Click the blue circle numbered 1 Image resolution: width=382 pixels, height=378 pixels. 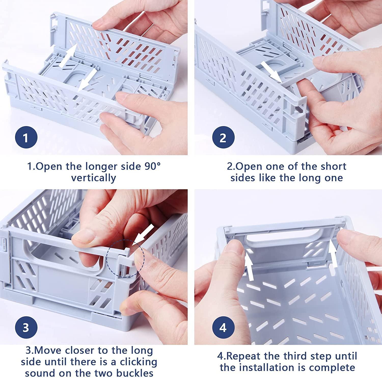coord(25,138)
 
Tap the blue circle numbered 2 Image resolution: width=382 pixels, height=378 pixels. coord(223,138)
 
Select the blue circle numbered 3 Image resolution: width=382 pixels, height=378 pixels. coord(25,327)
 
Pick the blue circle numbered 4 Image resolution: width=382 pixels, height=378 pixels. coord(223,327)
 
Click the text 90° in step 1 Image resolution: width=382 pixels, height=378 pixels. coord(153,167)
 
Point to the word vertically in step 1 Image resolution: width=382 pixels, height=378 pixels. coord(93,178)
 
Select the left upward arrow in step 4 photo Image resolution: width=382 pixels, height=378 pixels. coord(250,264)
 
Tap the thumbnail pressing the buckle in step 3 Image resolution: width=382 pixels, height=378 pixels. coord(139,259)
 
